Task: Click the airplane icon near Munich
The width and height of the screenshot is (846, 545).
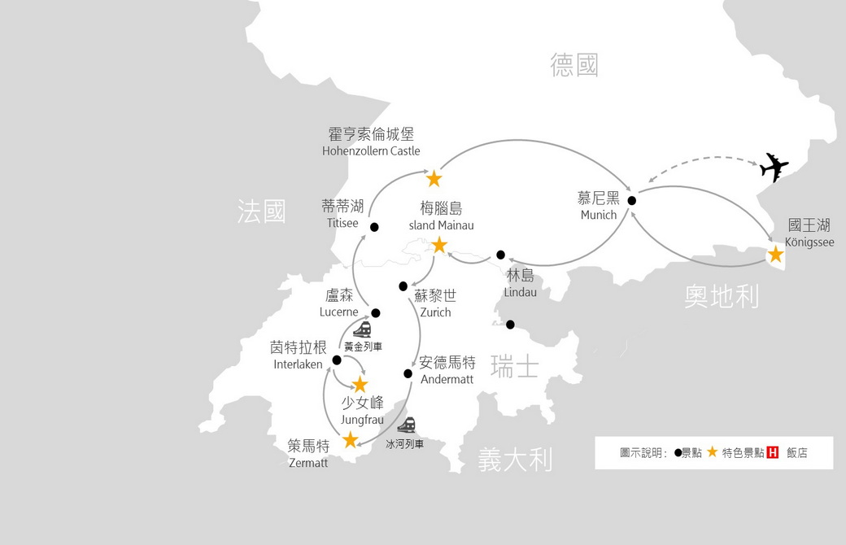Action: pyautogui.click(x=774, y=168)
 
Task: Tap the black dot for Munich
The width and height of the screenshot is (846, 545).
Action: pyautogui.click(x=632, y=201)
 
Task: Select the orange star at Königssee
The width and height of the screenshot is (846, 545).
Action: pyautogui.click(x=776, y=254)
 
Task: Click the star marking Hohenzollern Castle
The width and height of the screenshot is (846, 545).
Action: pyautogui.click(x=434, y=178)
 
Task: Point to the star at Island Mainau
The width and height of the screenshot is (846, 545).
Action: pyautogui.click(x=439, y=246)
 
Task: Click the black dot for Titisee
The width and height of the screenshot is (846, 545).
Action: pyautogui.click(x=374, y=227)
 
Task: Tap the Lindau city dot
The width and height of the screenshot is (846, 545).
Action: pyautogui.click(x=501, y=255)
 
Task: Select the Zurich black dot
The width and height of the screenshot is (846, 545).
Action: pyautogui.click(x=403, y=286)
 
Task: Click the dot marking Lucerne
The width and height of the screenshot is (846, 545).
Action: pyautogui.click(x=376, y=313)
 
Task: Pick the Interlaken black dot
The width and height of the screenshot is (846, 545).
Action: pyautogui.click(x=337, y=360)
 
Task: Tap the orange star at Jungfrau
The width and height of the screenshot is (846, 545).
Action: pyautogui.click(x=360, y=385)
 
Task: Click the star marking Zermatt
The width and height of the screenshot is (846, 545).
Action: pyautogui.click(x=350, y=440)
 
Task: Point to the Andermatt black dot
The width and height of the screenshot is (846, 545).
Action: pyautogui.click(x=408, y=373)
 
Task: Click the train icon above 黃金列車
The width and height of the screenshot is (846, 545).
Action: pyautogui.click(x=362, y=329)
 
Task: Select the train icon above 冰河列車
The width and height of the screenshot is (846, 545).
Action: pyautogui.click(x=406, y=425)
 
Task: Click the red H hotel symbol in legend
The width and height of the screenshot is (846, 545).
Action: pyautogui.click(x=773, y=452)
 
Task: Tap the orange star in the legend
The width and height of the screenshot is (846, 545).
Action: pyautogui.click(x=713, y=451)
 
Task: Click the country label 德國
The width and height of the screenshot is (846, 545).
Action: pyautogui.click(x=574, y=65)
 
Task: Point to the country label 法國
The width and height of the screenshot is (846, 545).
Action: pyautogui.click(x=261, y=211)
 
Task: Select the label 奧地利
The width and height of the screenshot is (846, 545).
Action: pyautogui.click(x=722, y=296)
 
